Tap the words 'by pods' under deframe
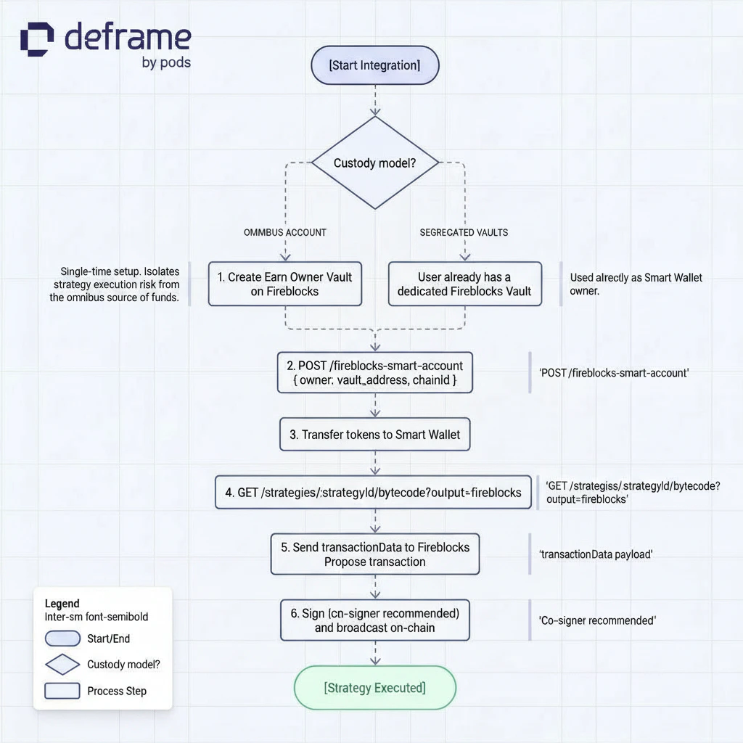(166, 62)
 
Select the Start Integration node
(374, 65)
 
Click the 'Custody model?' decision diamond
(374, 163)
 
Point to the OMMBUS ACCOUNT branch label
(284, 232)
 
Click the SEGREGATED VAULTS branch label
(464, 232)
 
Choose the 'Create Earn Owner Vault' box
(284, 284)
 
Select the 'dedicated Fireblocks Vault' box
(464, 284)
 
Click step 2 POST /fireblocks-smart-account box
(374, 373)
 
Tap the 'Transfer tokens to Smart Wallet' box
(374, 435)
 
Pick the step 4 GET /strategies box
(373, 492)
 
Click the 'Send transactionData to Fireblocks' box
(374, 554)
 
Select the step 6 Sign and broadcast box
(374, 620)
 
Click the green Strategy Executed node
(374, 687)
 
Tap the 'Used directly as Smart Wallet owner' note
(636, 284)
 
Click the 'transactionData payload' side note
(596, 554)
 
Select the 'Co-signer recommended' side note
(597, 620)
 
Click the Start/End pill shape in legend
(62, 639)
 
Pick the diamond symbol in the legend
(62, 664)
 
